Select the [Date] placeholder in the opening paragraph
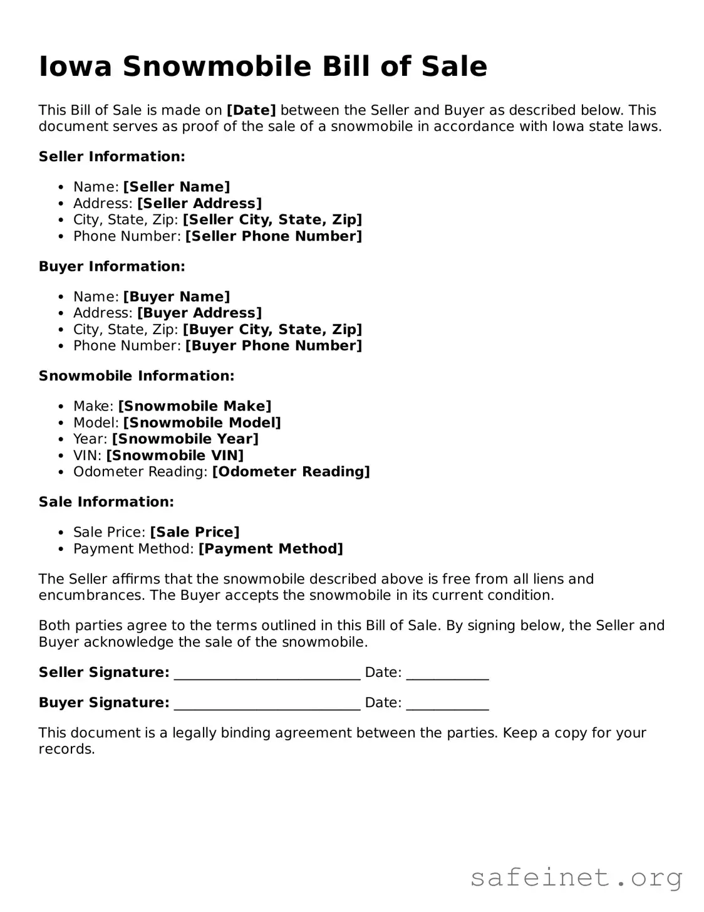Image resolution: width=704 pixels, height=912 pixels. [251, 110]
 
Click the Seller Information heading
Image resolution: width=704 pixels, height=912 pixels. [112, 157]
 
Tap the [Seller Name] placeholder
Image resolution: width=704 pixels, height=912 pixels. [177, 187]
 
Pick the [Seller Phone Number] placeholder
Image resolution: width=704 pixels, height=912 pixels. [274, 236]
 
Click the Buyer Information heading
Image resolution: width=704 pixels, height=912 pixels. [112, 266]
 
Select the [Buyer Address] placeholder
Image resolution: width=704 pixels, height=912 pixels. [199, 313]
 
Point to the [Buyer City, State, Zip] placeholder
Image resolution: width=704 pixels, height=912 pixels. [272, 329]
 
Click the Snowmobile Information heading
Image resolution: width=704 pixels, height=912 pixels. [137, 376]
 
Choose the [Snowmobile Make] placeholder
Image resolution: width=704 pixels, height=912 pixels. [195, 406]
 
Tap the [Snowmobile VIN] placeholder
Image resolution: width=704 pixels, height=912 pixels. [175, 455]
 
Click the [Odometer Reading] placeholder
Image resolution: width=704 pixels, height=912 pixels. [291, 471]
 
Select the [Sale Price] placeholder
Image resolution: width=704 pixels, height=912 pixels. [195, 532]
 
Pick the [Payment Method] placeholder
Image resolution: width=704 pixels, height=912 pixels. [271, 548]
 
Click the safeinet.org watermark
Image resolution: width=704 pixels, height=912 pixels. [576, 878]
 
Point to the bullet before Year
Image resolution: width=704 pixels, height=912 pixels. [61, 439]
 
